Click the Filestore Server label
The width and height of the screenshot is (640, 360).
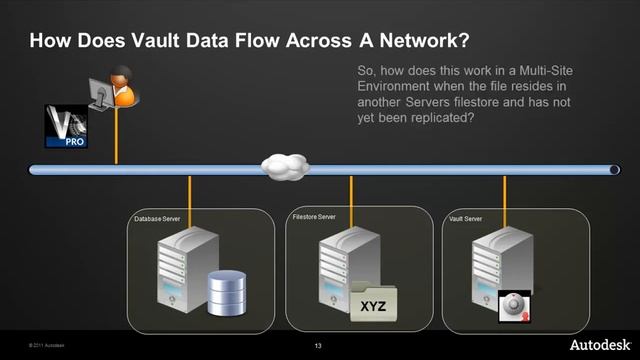click(314, 216)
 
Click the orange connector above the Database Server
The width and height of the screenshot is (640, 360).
click(190, 192)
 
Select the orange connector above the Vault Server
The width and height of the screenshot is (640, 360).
click(504, 192)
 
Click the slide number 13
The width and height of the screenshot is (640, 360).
click(317, 347)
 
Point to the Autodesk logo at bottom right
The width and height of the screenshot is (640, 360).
click(600, 344)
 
